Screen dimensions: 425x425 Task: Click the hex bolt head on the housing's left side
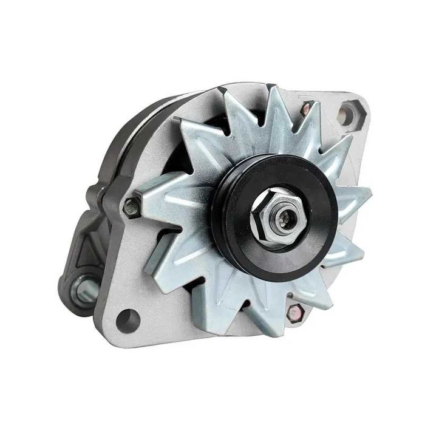point(129,208)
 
